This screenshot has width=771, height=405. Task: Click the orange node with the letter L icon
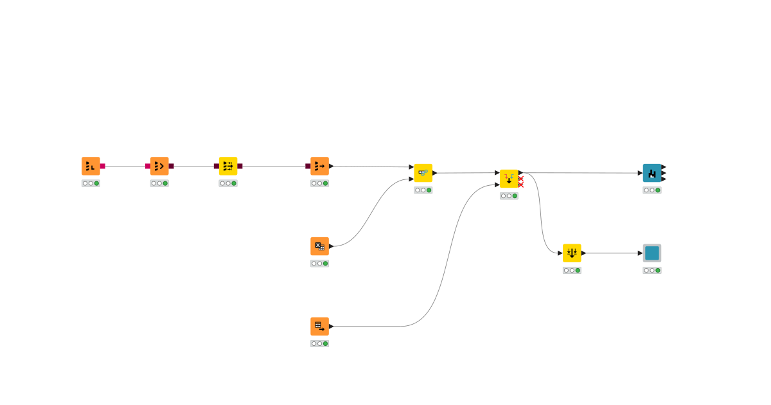(91, 166)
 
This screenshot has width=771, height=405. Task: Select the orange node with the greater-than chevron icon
(159, 166)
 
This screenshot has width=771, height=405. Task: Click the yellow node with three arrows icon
(228, 166)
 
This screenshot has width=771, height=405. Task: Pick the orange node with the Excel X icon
(319, 246)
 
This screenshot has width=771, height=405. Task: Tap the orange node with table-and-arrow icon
(319, 326)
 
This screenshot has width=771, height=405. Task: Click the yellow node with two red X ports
(509, 179)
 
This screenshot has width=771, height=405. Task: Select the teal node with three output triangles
(652, 173)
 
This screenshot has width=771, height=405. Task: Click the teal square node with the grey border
(652, 253)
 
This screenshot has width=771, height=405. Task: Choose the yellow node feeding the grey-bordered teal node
(572, 253)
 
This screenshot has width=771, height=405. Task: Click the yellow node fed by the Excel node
(423, 173)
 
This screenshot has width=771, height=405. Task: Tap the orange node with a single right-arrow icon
(319, 166)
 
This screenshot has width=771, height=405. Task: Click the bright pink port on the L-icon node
(103, 166)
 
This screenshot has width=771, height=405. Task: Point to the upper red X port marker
(521, 179)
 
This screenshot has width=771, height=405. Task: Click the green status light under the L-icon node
(96, 183)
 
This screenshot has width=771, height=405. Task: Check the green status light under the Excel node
(325, 264)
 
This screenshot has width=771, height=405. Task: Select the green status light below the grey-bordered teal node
(658, 270)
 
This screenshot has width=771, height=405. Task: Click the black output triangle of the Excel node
(332, 246)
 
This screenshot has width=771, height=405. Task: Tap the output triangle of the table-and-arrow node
(332, 326)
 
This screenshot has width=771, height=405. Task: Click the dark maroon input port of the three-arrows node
(217, 166)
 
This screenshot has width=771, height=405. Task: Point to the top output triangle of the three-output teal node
(664, 167)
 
